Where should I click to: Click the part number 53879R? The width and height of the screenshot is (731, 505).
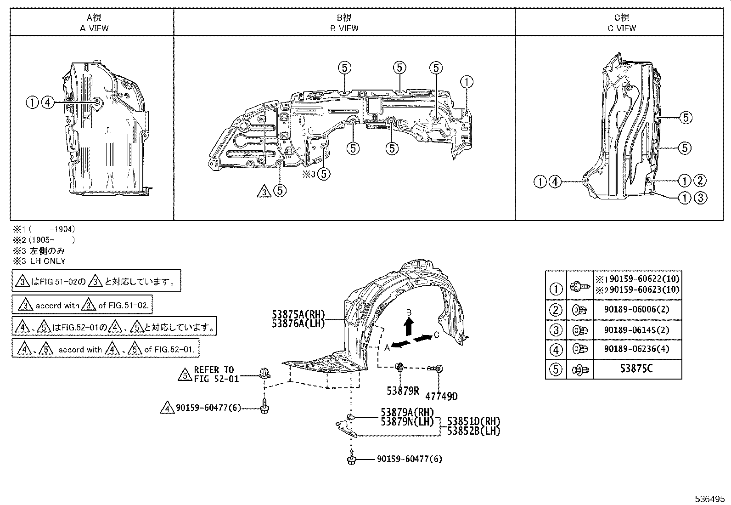tap(403, 391)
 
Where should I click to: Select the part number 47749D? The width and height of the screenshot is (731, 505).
tap(441, 397)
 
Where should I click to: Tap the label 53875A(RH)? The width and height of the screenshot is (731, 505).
tap(298, 315)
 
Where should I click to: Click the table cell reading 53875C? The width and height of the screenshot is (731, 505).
tap(637, 369)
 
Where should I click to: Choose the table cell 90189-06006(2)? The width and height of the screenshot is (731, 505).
tap(637, 309)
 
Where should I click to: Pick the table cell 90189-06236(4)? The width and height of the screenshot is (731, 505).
tap(637, 349)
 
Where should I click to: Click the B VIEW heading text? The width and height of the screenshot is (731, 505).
tap(344, 28)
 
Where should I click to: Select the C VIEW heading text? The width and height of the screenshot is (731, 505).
tap(622, 28)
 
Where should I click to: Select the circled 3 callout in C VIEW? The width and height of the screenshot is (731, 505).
tap(699, 198)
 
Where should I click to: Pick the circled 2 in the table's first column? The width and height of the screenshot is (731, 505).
tap(556, 309)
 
